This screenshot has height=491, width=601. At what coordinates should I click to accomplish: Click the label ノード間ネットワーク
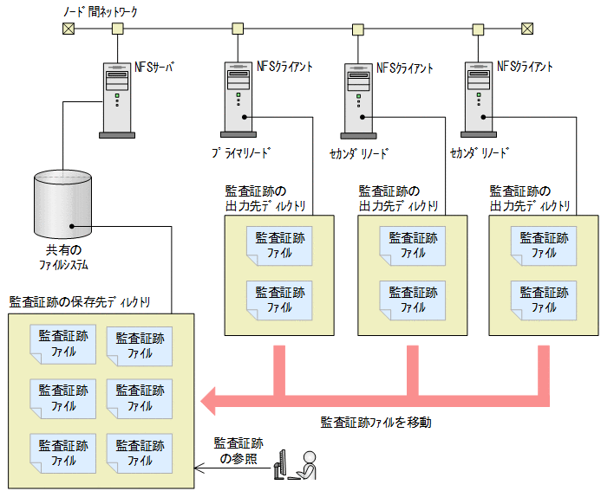pyautogui.click(x=101, y=11)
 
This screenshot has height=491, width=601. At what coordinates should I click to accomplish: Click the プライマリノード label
pyautogui.click(x=241, y=152)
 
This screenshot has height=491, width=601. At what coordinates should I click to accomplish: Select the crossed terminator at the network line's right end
pyautogui.click(x=526, y=29)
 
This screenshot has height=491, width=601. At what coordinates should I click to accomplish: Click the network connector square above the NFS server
pyautogui.click(x=117, y=29)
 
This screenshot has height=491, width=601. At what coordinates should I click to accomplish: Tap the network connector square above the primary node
pyautogui.click(x=237, y=29)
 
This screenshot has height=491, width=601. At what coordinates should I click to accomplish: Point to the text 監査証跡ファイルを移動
pyautogui.click(x=376, y=423)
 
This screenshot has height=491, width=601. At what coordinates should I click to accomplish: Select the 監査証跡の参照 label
pyautogui.click(x=238, y=450)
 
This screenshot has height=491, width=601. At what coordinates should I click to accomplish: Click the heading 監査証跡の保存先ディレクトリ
pyautogui.click(x=80, y=301)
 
